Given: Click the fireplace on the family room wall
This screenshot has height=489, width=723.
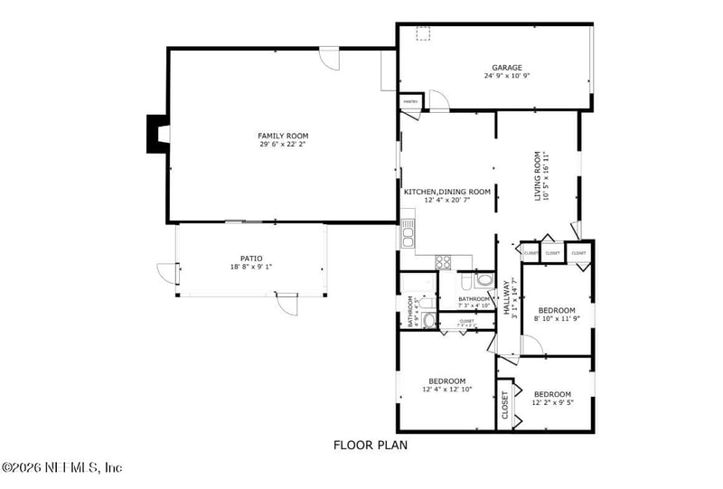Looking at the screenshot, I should pyautogui.click(x=156, y=134).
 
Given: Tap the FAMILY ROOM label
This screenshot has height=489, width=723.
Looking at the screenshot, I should pyautogui.click(x=283, y=136).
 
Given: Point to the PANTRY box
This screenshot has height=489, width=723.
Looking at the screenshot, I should pyautogui.click(x=410, y=101).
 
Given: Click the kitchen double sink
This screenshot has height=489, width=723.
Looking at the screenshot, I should pyautogui.click(x=408, y=237).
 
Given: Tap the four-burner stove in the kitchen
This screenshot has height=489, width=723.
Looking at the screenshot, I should pyautogui.click(x=445, y=262).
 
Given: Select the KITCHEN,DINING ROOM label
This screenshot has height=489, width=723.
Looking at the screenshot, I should pyautogui.click(x=447, y=192).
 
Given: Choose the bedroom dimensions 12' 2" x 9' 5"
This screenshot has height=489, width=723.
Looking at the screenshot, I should pyautogui.click(x=552, y=402).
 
